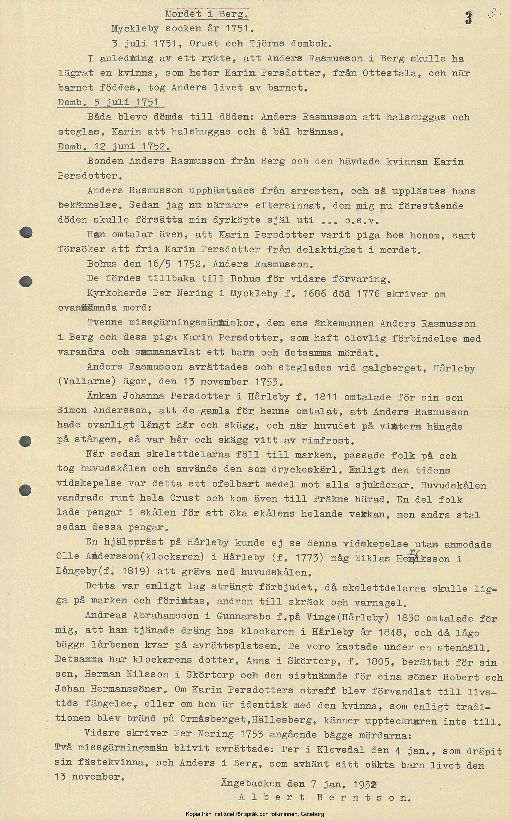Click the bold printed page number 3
469,18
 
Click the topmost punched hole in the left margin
26,232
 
